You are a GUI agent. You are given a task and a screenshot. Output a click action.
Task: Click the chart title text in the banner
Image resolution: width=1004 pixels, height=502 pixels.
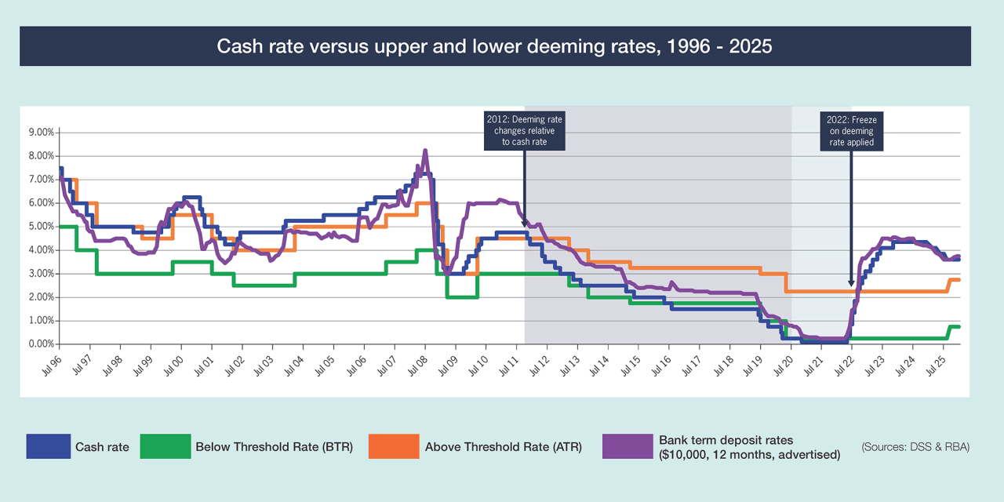coord(494,46)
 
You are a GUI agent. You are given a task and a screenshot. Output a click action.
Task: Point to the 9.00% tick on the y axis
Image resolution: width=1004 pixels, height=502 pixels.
coord(41,133)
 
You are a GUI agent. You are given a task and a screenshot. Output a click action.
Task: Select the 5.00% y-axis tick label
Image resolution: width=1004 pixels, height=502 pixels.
coord(41,227)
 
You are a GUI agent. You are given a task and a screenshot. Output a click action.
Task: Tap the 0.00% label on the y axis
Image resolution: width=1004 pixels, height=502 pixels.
coord(41,344)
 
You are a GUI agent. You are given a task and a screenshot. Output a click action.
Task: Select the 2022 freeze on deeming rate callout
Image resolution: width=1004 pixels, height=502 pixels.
coord(851,131)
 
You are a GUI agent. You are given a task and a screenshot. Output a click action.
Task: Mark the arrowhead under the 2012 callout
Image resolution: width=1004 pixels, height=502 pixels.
coord(524,224)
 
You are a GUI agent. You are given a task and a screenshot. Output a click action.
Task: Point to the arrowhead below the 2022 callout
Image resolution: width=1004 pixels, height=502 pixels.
coord(851,283)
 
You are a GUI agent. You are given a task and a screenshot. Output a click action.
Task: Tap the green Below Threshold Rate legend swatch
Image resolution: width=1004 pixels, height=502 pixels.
coord(165,446)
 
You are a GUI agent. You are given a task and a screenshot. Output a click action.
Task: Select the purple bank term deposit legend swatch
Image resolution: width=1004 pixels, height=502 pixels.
coord(627,446)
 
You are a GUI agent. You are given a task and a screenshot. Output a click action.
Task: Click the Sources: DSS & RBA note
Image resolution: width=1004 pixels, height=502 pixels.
coord(915,447)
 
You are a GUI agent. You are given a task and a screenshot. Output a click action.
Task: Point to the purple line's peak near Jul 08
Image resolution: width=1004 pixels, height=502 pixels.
coord(425,151)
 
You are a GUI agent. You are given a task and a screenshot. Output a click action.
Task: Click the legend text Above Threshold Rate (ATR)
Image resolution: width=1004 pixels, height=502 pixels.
coord(504,447)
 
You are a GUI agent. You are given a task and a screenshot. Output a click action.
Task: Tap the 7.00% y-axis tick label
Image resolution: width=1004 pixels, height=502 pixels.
coord(41,180)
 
